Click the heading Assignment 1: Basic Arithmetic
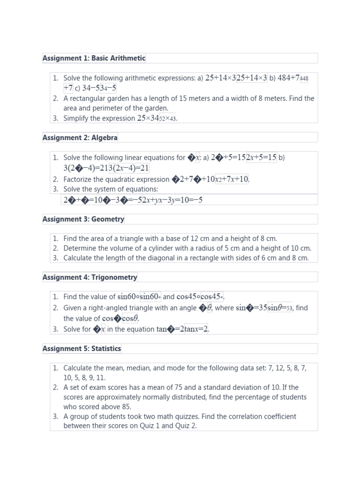94,58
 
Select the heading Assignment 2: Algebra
80,137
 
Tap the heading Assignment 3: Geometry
83,219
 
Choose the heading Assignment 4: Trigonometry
90,277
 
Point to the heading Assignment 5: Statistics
82,348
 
